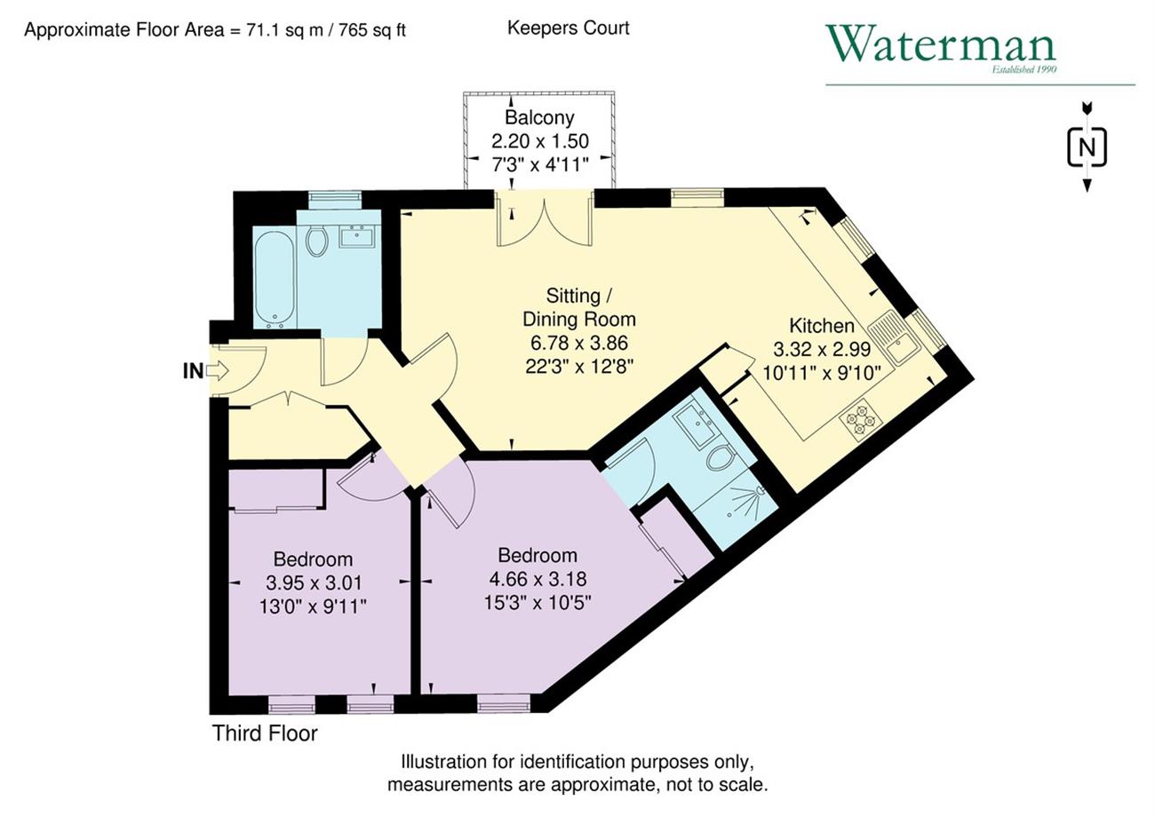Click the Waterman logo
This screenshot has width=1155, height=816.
(x=941, y=50)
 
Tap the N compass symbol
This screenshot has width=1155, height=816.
(x=1087, y=148)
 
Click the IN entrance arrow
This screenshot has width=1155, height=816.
(x=217, y=370)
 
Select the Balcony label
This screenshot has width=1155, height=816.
(x=539, y=117)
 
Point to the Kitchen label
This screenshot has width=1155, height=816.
(x=822, y=326)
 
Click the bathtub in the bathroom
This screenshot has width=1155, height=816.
(x=275, y=280)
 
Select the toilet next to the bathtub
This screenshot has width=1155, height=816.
(x=316, y=240)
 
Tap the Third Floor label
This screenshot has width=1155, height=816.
(x=265, y=733)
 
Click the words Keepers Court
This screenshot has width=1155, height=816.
(x=569, y=28)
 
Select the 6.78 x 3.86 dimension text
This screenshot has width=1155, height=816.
(x=579, y=343)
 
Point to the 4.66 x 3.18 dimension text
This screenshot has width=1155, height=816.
(x=538, y=579)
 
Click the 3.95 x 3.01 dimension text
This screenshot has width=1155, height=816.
(x=314, y=582)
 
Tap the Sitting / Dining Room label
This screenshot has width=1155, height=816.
(x=579, y=307)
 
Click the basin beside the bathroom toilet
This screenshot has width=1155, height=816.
(x=356, y=236)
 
